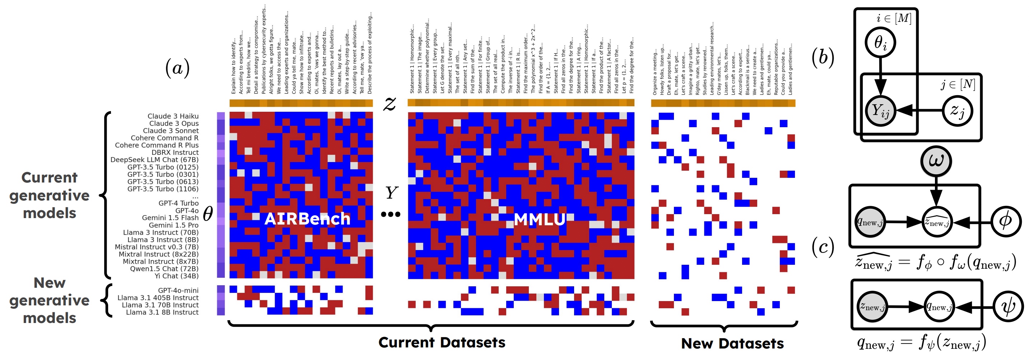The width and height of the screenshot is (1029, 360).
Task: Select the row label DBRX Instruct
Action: [x=175, y=152]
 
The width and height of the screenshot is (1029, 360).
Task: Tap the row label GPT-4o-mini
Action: [x=178, y=290]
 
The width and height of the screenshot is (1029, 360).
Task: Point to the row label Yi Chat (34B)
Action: [x=177, y=276]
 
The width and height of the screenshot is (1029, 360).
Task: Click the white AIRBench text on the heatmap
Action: [x=307, y=218]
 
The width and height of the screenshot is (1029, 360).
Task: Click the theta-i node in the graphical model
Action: [x=880, y=42]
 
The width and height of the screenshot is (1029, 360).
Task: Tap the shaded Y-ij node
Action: [x=880, y=111]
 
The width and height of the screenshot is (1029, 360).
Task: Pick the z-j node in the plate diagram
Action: [x=958, y=110]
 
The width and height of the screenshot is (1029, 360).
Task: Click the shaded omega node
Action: [x=936, y=161]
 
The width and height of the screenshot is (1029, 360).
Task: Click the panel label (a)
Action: [x=177, y=68]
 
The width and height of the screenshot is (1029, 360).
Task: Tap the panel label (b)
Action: [x=823, y=57]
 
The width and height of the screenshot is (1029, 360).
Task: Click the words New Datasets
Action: [x=732, y=343]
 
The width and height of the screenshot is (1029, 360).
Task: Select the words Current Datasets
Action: [x=442, y=342]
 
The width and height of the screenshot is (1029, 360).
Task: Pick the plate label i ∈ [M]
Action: [x=894, y=18]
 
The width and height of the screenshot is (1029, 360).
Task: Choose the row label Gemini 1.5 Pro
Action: [x=173, y=225]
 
